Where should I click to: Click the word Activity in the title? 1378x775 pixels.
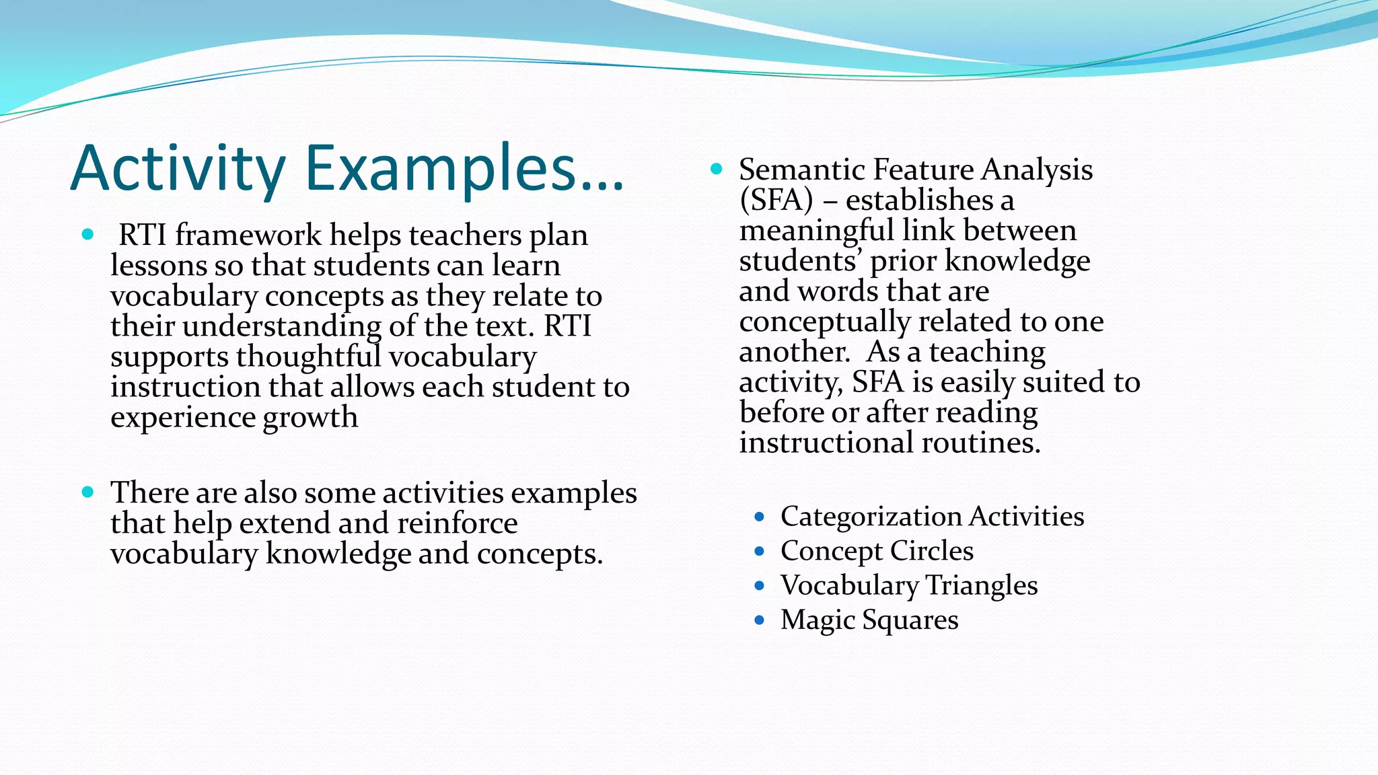click(178, 168)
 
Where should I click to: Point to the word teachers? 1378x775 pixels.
click(465, 235)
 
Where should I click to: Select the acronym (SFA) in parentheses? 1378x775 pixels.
click(776, 200)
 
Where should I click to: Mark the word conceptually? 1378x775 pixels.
click(824, 322)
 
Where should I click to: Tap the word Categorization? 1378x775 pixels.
click(871, 517)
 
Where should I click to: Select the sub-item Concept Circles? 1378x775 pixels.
click(877, 551)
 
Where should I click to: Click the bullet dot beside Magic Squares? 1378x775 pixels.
click(760, 620)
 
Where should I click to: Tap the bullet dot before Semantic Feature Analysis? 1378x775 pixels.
click(717, 169)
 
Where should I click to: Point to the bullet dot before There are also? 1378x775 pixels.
click(87, 492)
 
